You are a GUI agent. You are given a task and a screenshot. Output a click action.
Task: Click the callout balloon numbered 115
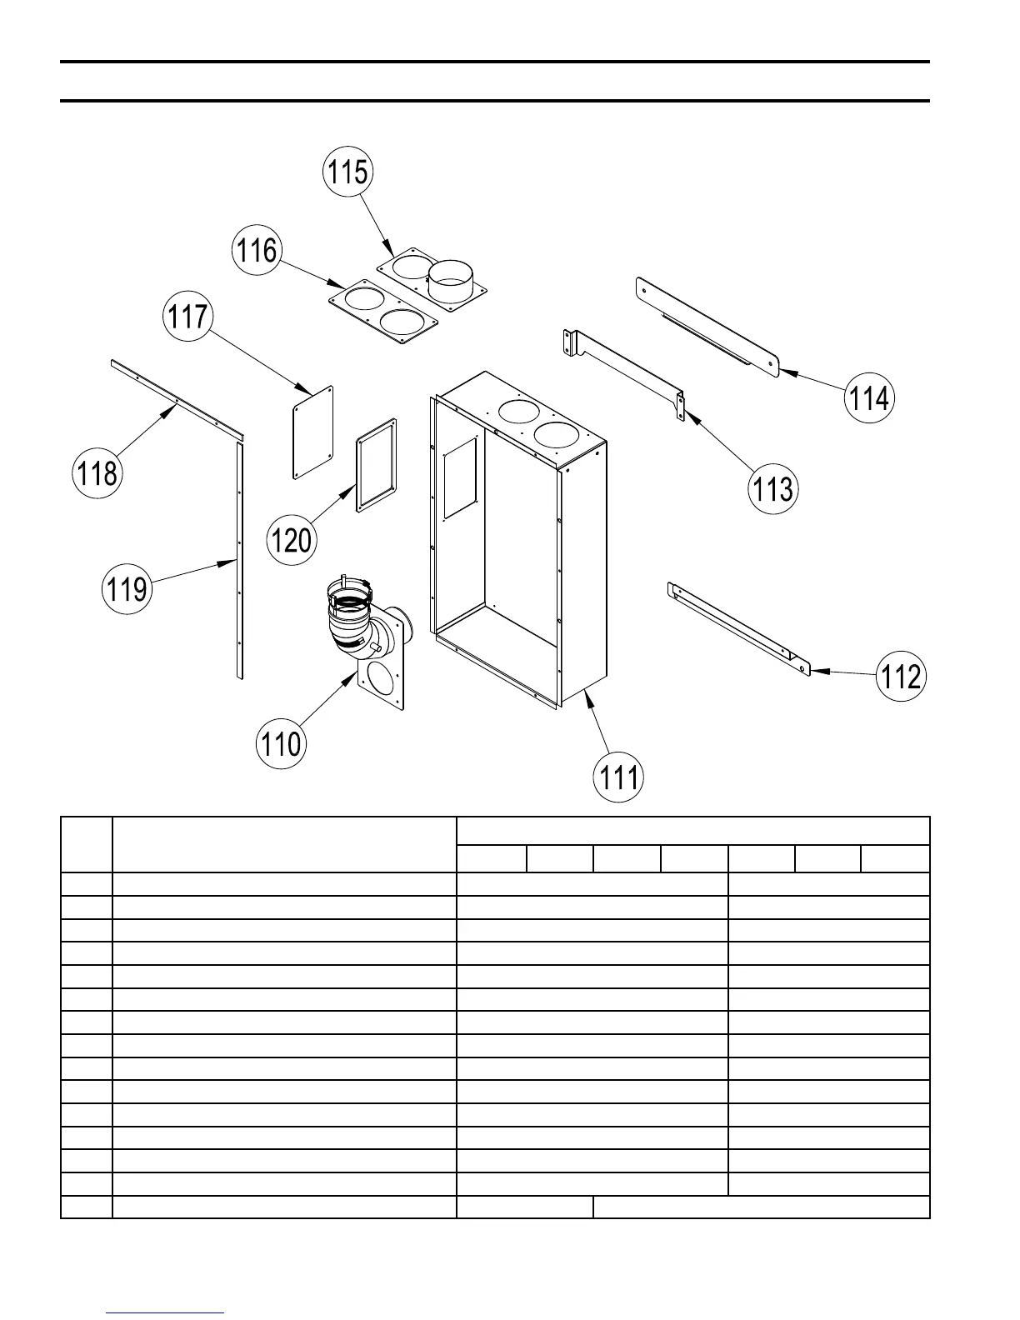347,172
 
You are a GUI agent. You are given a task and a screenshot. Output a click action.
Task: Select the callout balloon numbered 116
257,250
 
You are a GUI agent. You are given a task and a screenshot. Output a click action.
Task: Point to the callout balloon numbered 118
98,473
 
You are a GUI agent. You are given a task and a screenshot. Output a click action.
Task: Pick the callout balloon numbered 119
127,589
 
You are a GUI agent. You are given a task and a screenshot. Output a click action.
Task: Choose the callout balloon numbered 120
292,540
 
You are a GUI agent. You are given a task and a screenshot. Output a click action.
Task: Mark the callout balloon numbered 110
281,743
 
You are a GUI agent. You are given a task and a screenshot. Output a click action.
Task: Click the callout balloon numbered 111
619,777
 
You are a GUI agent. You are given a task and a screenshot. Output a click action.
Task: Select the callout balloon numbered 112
901,675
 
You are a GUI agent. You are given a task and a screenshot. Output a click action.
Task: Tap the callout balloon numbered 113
772,488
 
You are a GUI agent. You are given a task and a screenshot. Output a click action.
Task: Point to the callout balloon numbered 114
869,398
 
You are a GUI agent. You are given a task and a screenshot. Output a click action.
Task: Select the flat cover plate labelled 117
313,432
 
